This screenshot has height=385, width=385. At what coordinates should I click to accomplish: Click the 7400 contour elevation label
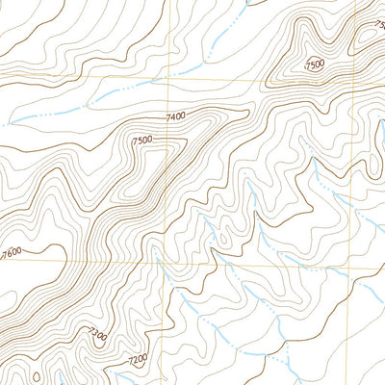coord(175,116)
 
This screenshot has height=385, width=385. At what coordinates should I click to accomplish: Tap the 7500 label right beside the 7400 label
coord(142,141)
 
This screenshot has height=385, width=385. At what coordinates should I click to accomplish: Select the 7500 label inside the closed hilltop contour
coord(314,64)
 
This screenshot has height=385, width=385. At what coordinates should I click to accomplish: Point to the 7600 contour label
coord(11,252)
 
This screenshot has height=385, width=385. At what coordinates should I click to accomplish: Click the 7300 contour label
coord(95,334)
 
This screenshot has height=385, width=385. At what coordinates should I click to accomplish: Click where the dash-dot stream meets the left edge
coord(2,124)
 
